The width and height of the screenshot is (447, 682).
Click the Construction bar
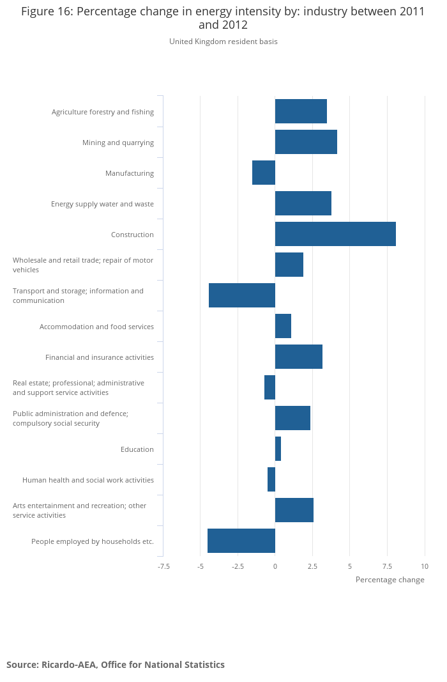click(335, 234)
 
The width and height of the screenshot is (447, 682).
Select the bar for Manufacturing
click(264, 173)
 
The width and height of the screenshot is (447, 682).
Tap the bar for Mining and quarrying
click(306, 142)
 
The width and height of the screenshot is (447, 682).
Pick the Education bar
click(278, 449)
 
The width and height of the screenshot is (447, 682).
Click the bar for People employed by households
click(241, 541)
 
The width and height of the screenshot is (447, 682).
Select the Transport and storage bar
click(242, 295)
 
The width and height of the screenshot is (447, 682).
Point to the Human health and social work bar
click(271, 479)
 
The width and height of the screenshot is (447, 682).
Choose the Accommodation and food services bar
click(283, 326)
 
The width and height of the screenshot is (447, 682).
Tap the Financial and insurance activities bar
click(299, 357)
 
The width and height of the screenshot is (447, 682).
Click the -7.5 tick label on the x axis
click(164, 566)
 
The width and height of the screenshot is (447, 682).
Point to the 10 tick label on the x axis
click(425, 566)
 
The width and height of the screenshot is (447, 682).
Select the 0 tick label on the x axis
click(275, 566)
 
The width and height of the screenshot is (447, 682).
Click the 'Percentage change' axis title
click(390, 580)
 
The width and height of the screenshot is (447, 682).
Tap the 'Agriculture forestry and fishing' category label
click(103, 112)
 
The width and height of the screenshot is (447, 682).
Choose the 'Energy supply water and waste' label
click(102, 204)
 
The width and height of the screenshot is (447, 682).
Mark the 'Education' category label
click(137, 449)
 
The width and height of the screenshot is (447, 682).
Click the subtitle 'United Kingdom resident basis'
click(223, 42)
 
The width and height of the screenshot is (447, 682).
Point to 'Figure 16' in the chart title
click(47, 12)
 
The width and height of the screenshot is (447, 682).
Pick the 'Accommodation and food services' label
click(96, 327)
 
